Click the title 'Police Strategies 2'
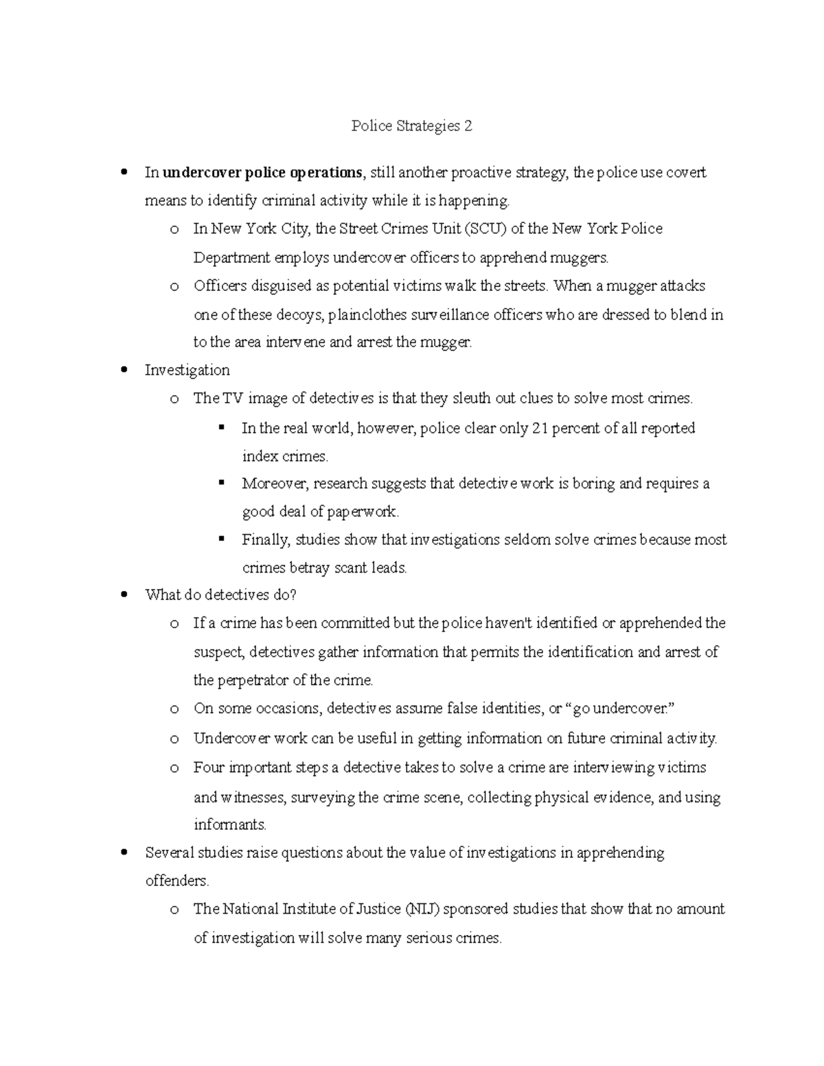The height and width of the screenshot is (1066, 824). [x=411, y=126]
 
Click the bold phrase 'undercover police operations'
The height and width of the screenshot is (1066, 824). [x=262, y=172]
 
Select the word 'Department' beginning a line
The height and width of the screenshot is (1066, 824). [x=232, y=258]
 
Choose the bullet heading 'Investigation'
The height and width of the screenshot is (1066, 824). [x=187, y=371]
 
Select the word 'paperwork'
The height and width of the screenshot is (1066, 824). [x=361, y=512]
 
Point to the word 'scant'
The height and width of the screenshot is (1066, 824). [x=350, y=568]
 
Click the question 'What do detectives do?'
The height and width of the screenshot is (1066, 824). [x=220, y=595]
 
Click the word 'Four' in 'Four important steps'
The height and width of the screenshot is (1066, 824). [x=209, y=767]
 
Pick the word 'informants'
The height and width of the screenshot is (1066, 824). [x=229, y=824]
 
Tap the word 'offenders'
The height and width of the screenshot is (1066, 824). [x=176, y=881]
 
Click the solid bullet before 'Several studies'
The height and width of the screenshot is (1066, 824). [x=124, y=853]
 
